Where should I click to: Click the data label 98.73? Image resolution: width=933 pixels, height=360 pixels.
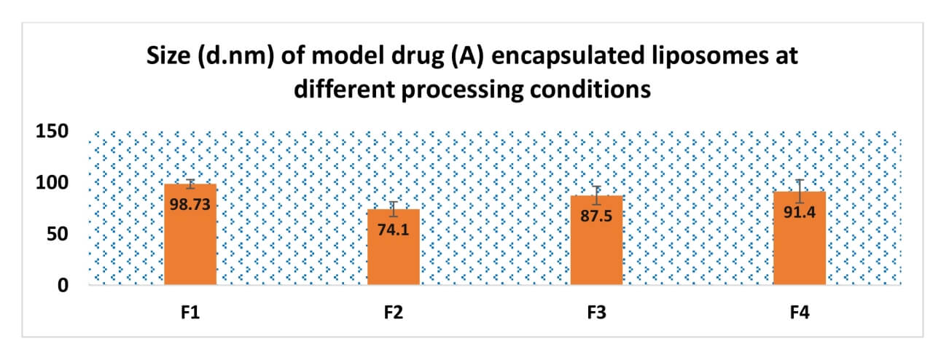[190, 205]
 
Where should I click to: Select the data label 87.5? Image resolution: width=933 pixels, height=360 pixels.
[596, 216]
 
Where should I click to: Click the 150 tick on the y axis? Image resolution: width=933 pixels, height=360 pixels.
[52, 132]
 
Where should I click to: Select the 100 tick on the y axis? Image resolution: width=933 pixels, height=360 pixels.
[52, 183]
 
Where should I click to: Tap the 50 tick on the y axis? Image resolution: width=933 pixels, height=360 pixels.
[58, 235]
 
